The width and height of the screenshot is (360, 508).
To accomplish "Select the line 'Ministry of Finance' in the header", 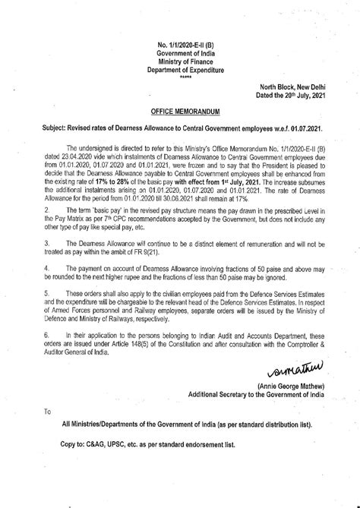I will point(180,62).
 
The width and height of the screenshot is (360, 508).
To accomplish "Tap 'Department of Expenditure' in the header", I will point(180,70).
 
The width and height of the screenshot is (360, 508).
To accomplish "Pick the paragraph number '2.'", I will point(48,207).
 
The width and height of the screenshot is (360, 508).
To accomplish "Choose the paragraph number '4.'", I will point(48,267).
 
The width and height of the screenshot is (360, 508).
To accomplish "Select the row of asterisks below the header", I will point(180,77).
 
